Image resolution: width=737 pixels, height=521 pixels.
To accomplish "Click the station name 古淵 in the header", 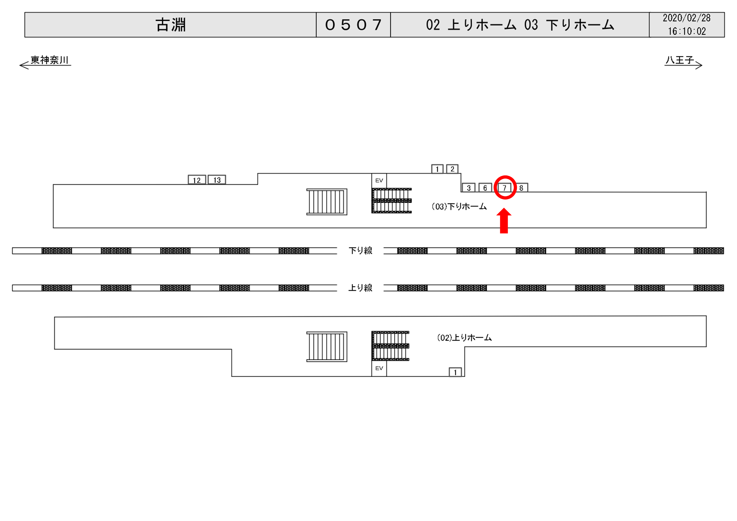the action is [x=171, y=25].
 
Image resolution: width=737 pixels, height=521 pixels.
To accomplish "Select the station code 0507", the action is [x=353, y=25].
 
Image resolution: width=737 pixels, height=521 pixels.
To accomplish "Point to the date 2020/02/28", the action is [x=687, y=18].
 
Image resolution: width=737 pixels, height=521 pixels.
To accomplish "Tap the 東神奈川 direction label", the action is [x=49, y=60].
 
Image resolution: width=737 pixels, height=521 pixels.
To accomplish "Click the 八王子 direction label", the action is [x=680, y=60].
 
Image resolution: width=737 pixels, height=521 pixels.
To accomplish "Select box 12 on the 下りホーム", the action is [x=197, y=180].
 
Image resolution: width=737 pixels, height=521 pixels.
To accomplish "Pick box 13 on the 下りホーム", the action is [x=217, y=180].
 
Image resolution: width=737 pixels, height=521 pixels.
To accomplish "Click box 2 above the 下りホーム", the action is [x=452, y=169].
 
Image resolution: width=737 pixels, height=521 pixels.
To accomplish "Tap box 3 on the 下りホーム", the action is [x=469, y=188].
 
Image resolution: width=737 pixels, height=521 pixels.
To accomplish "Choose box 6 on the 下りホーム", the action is [x=485, y=188].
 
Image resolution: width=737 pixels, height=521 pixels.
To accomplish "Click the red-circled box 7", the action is [x=504, y=188].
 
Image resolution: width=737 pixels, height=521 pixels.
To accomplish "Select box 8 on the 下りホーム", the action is [x=522, y=188].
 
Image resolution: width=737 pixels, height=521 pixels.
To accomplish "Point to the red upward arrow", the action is [x=504, y=221].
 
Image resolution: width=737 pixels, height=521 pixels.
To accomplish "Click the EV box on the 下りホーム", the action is [x=379, y=181].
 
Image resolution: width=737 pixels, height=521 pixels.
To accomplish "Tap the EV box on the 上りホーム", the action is [x=379, y=368].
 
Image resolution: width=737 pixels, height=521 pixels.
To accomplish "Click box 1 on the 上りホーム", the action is [x=455, y=372].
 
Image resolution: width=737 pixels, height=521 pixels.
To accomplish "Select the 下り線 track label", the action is [x=361, y=251].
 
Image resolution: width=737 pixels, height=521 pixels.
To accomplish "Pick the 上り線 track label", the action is [x=361, y=288].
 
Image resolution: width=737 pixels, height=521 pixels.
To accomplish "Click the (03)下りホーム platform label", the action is [x=459, y=207].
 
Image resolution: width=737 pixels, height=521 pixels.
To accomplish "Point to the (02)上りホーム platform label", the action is [x=464, y=337].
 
